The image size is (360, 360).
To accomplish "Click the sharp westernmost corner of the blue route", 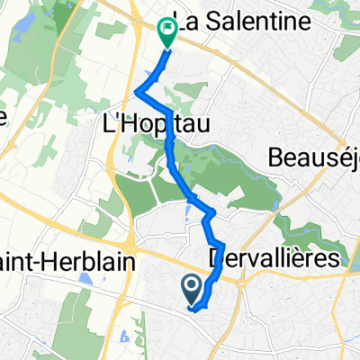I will click(136, 92).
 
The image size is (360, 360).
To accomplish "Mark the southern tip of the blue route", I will click(193, 310).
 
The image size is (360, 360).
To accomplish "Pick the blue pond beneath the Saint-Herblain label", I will click(86, 280).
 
